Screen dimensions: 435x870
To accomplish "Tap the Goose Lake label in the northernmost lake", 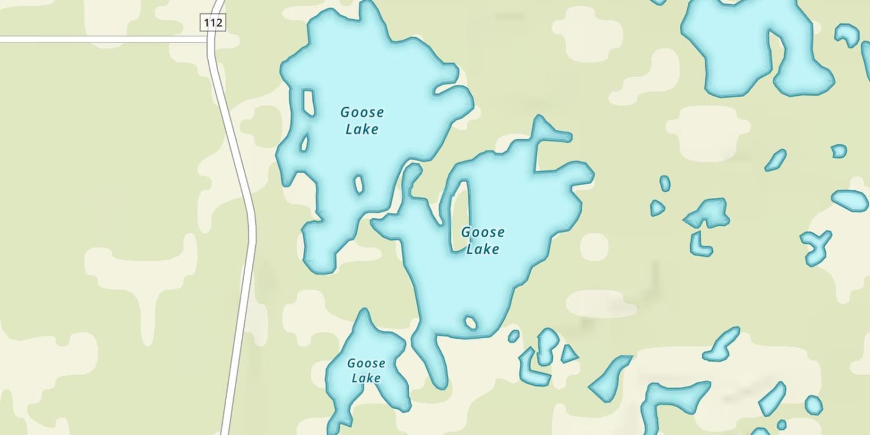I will click(362, 121).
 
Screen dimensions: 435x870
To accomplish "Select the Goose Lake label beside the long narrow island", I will click(483, 240).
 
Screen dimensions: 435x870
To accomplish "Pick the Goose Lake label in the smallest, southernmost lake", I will click(366, 371).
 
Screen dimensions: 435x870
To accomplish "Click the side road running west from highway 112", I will click(104, 39).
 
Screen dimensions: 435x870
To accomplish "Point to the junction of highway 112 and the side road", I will click(211, 39).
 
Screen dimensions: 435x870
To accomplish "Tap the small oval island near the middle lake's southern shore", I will click(470, 322).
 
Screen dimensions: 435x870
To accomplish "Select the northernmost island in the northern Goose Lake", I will click(309, 102).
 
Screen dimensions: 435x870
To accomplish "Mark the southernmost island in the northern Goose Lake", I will click(358, 184).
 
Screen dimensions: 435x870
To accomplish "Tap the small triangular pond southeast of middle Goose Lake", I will click(568, 354).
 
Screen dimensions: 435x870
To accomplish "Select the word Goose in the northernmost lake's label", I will click(362, 113).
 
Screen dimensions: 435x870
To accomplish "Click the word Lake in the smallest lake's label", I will click(366, 378).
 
